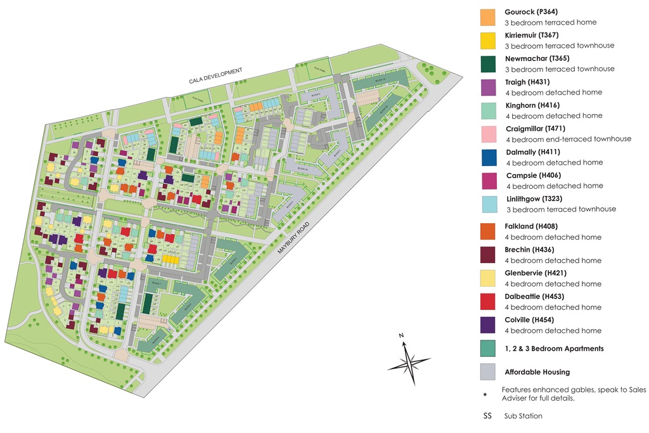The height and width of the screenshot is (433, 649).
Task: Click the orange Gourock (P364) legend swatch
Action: coord(487,17)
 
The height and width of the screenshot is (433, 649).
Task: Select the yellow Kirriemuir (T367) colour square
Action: coord(487,41)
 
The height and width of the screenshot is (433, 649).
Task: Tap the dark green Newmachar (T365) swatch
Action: coord(487,64)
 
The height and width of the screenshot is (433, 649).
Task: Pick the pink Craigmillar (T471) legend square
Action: coord(487,134)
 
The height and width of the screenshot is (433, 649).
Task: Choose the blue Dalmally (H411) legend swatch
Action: coord(487,157)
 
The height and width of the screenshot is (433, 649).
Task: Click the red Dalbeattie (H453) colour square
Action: coord(487,301)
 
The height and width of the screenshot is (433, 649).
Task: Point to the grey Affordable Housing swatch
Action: coord(487,372)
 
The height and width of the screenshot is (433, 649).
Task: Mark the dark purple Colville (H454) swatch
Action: coord(487,325)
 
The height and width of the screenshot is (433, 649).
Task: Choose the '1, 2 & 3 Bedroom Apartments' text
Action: coord(554,349)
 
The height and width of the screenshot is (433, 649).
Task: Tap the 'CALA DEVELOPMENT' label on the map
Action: coord(215,77)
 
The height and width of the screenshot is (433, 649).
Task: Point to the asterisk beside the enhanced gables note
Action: coord(485,394)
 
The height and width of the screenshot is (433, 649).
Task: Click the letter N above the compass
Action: coord(401,335)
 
